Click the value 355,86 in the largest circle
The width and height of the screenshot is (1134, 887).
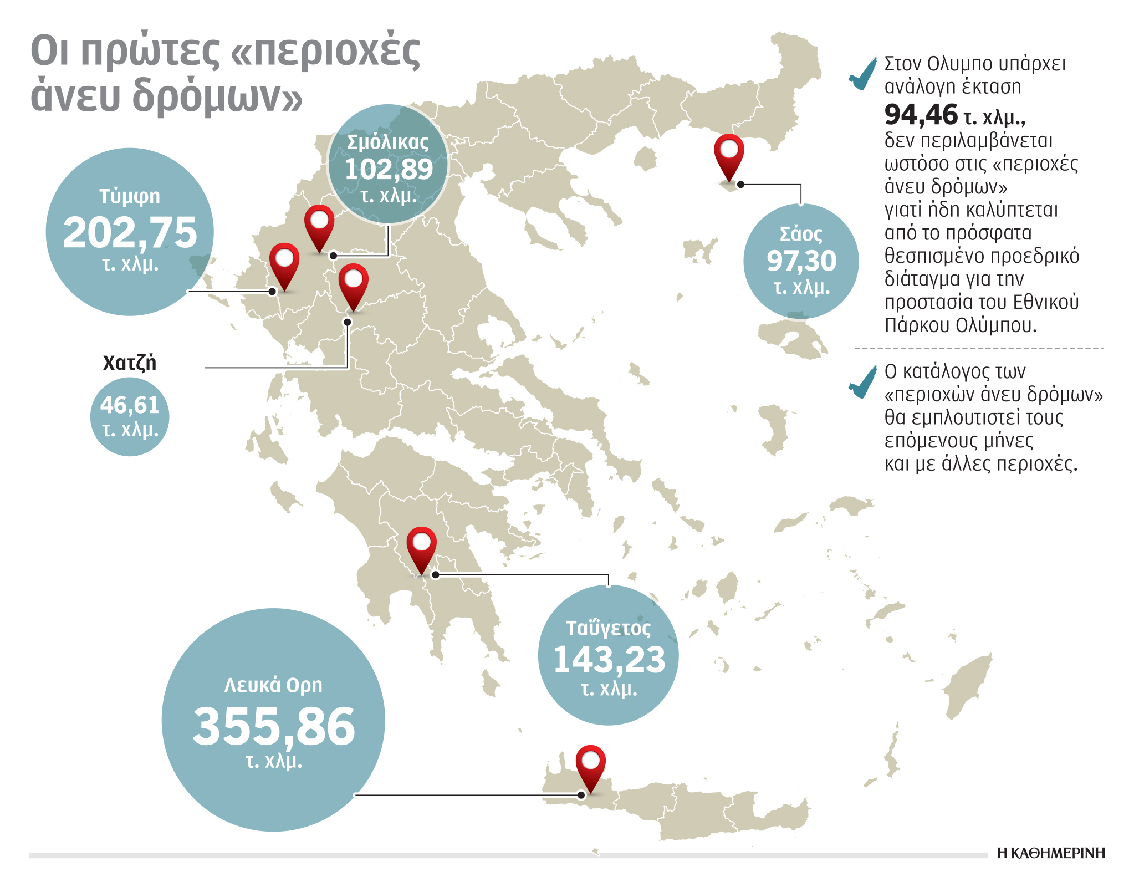tap(273, 726)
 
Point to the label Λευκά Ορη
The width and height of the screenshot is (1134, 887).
tap(273, 685)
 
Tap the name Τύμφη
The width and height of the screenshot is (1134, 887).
tap(130, 196)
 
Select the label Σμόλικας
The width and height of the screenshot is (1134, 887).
tap(388, 142)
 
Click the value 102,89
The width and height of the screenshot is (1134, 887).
tap(388, 169)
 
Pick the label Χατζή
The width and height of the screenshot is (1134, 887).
tap(130, 363)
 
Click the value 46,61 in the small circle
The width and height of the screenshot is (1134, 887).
tap(130, 405)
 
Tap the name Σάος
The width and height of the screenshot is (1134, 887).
tap(801, 234)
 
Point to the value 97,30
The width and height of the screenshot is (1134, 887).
tap(801, 261)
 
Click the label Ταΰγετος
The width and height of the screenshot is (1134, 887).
tap(608, 628)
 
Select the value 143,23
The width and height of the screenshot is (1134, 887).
tap(609, 660)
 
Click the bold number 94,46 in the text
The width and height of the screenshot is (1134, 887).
tap(921, 115)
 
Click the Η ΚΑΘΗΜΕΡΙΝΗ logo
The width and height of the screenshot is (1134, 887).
tap(1050, 853)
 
